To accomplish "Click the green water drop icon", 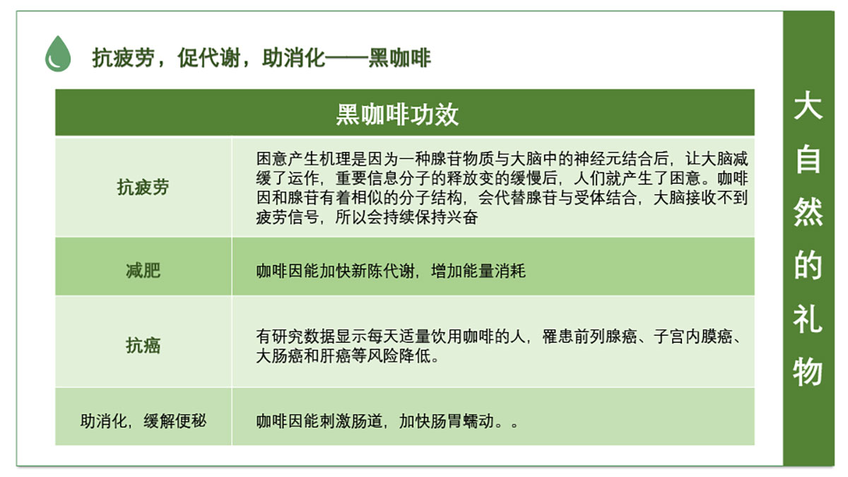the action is click(58, 54).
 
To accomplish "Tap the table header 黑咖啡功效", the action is click(397, 114).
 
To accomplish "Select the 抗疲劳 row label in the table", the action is click(143, 187).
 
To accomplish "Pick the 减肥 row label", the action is click(143, 270).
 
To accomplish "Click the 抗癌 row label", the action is click(143, 346).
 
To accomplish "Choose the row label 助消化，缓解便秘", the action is click(143, 421).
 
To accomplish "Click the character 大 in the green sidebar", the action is click(808, 107).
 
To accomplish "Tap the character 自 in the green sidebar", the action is click(808, 159).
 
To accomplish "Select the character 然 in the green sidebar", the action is click(808, 212).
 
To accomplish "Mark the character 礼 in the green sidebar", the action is click(808, 319).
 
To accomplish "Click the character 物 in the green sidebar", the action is click(808, 372).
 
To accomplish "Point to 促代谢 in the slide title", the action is click(209, 58).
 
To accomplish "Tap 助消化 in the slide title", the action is click(293, 58).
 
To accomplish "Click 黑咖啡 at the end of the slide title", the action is click(400, 58).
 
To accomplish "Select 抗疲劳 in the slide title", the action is click(124, 58).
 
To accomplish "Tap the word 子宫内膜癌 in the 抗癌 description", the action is click(693, 336).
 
